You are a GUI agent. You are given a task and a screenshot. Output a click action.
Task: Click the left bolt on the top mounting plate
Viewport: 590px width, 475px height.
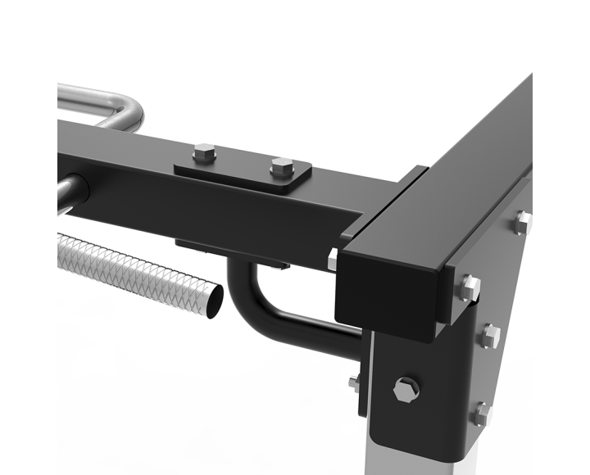(205, 153)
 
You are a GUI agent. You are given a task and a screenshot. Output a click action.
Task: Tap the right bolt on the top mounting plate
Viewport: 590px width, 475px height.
(282, 165)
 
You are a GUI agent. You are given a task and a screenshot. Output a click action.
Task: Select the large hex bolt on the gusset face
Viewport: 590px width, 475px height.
(406, 389)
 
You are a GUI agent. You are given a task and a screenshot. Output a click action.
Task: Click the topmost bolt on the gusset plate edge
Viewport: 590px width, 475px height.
(523, 220)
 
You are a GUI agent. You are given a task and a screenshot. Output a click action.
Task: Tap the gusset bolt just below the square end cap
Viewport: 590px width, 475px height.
(470, 287)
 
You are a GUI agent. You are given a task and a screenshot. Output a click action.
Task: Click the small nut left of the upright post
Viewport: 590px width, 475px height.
(355, 382)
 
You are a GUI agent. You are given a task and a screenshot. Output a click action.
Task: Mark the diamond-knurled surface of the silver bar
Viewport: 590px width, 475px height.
(131, 266)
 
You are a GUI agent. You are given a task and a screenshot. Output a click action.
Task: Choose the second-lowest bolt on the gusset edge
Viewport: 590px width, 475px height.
(491, 334)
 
